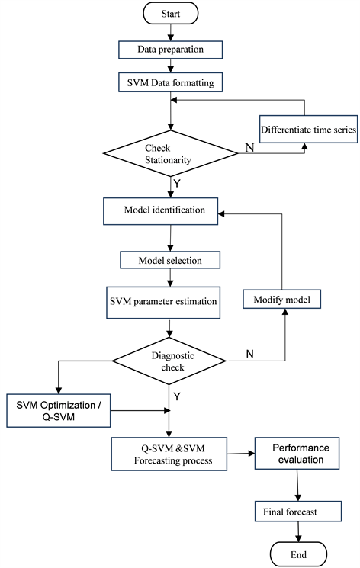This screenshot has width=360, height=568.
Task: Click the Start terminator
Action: click(x=170, y=13)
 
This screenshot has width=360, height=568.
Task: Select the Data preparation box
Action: click(x=169, y=50)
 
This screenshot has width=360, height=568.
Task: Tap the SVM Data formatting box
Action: click(x=169, y=82)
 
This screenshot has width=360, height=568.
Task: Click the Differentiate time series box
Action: click(x=308, y=130)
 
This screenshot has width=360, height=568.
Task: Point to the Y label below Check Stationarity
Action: click(x=178, y=183)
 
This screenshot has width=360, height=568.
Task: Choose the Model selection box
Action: click(x=170, y=260)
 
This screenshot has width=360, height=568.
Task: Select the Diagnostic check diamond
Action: click(x=169, y=361)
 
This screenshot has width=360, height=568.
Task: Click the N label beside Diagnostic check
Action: click(x=250, y=353)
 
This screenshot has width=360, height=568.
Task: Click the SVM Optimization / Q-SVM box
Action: click(x=58, y=411)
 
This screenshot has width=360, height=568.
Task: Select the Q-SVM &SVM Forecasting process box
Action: click(x=170, y=454)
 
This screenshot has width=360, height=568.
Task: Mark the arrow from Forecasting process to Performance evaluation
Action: click(x=242, y=454)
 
